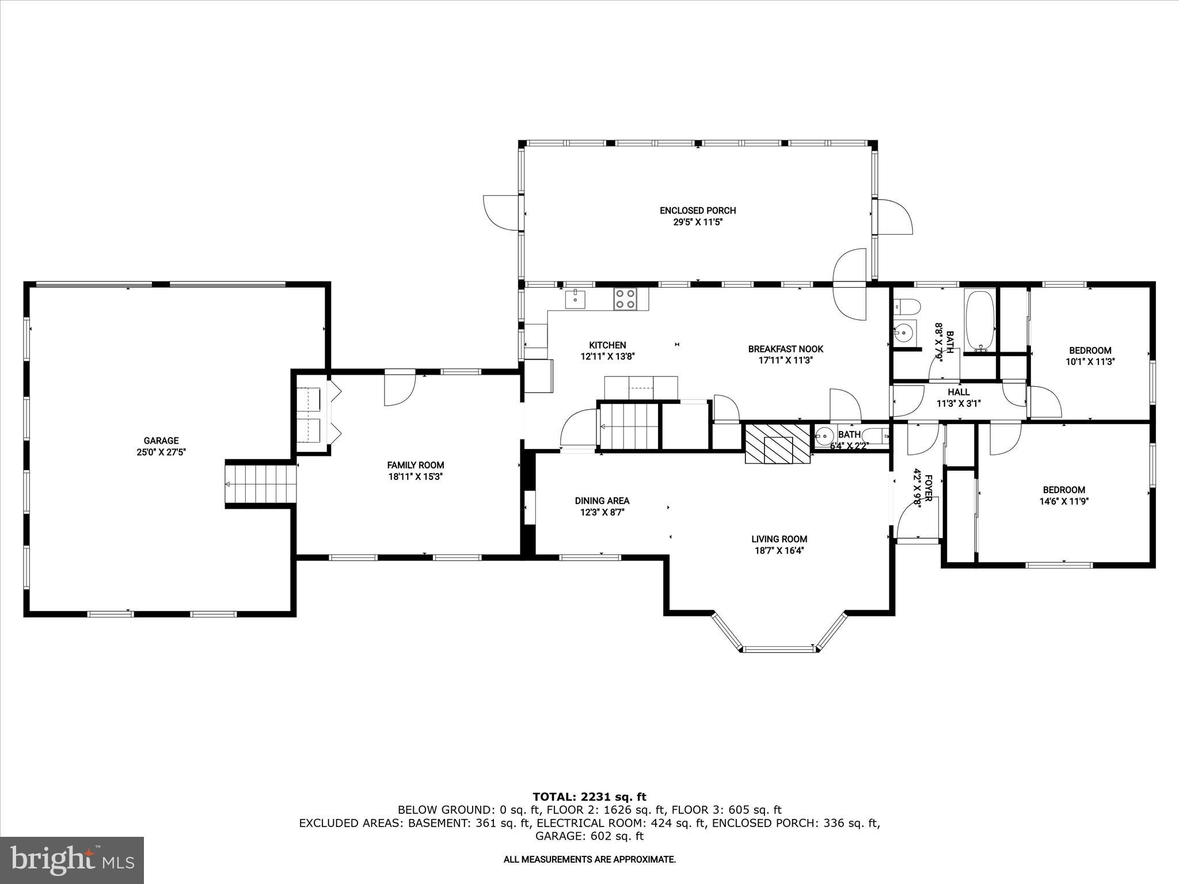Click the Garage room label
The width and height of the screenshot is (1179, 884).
161,441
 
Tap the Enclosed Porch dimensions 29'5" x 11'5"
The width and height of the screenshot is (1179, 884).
698,222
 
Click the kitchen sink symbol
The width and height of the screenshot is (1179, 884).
575,299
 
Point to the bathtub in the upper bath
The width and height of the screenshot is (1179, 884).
980,321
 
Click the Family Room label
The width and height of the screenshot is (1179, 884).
415,465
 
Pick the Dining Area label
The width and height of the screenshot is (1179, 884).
602,501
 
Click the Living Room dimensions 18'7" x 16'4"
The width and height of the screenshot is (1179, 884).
779,550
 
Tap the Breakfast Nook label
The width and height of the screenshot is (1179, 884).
785,349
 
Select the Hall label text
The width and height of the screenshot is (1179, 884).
959,392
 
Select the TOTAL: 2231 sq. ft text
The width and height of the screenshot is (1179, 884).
589,797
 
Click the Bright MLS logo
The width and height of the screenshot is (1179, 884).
72,860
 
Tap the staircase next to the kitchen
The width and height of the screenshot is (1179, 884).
629,426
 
